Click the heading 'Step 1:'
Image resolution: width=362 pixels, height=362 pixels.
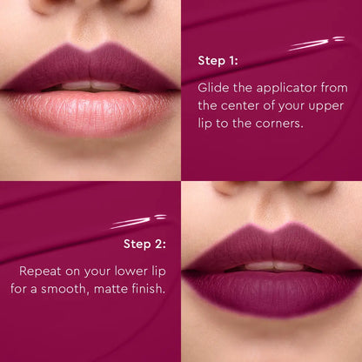(x=218, y=61)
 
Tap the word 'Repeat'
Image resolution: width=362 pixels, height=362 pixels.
(x=41, y=271)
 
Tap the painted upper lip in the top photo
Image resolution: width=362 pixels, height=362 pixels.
(x=87, y=68)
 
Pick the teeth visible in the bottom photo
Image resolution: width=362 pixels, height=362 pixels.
(x=271, y=265)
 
